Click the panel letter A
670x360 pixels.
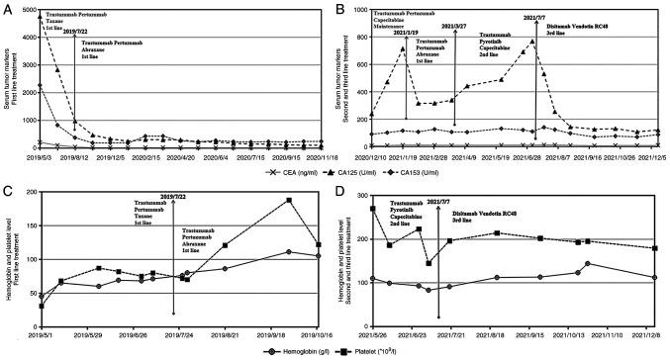tap(7, 8)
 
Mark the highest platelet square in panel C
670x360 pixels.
tap(289, 201)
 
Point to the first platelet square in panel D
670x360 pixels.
tap(372, 208)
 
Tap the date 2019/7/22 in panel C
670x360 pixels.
tap(172, 198)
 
